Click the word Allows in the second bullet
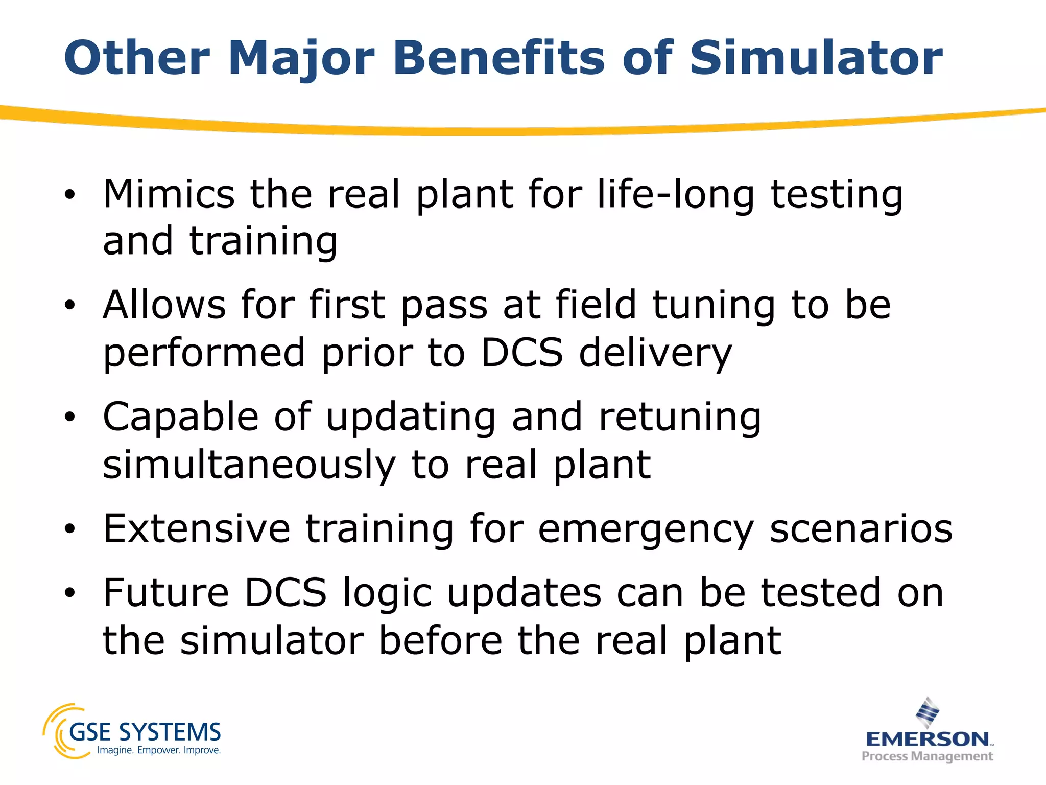(x=164, y=305)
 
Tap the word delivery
(x=656, y=354)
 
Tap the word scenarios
(x=861, y=528)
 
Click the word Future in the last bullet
(x=166, y=592)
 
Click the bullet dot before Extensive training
(x=70, y=529)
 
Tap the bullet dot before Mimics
(x=70, y=195)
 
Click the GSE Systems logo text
(x=145, y=732)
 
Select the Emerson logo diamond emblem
(x=927, y=712)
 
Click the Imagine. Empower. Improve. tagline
(x=159, y=750)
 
